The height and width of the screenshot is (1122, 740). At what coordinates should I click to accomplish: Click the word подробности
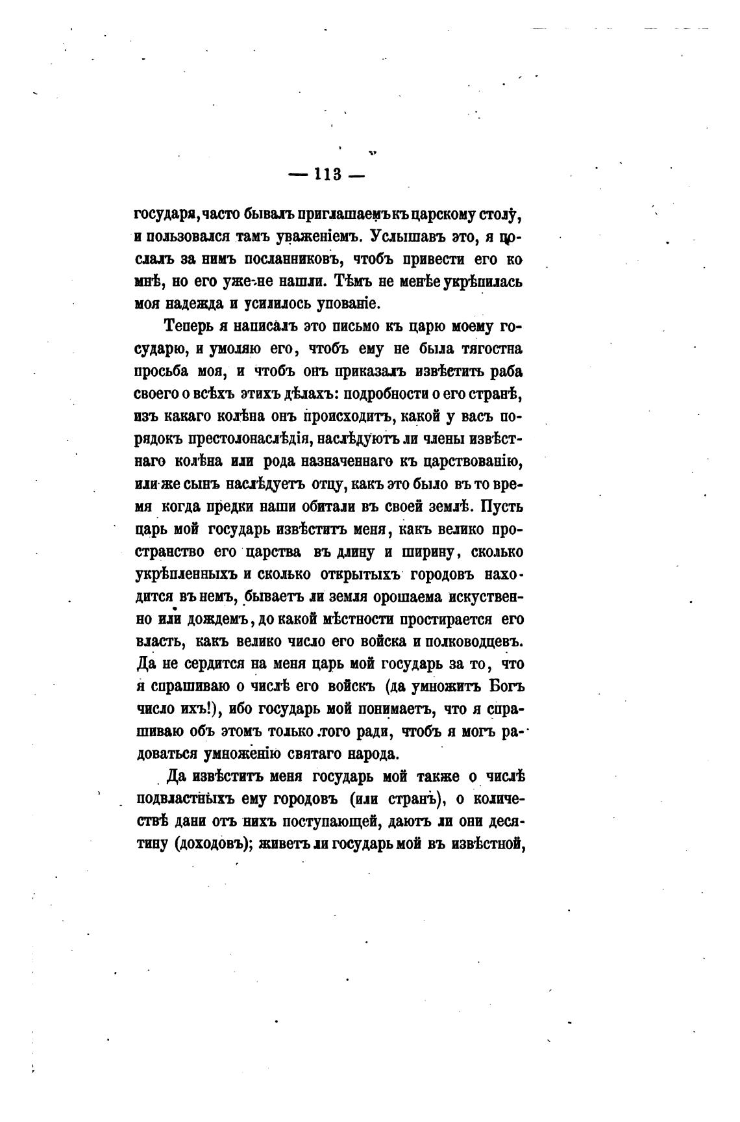click(386, 394)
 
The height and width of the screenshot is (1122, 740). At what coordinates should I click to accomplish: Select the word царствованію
click(463, 461)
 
